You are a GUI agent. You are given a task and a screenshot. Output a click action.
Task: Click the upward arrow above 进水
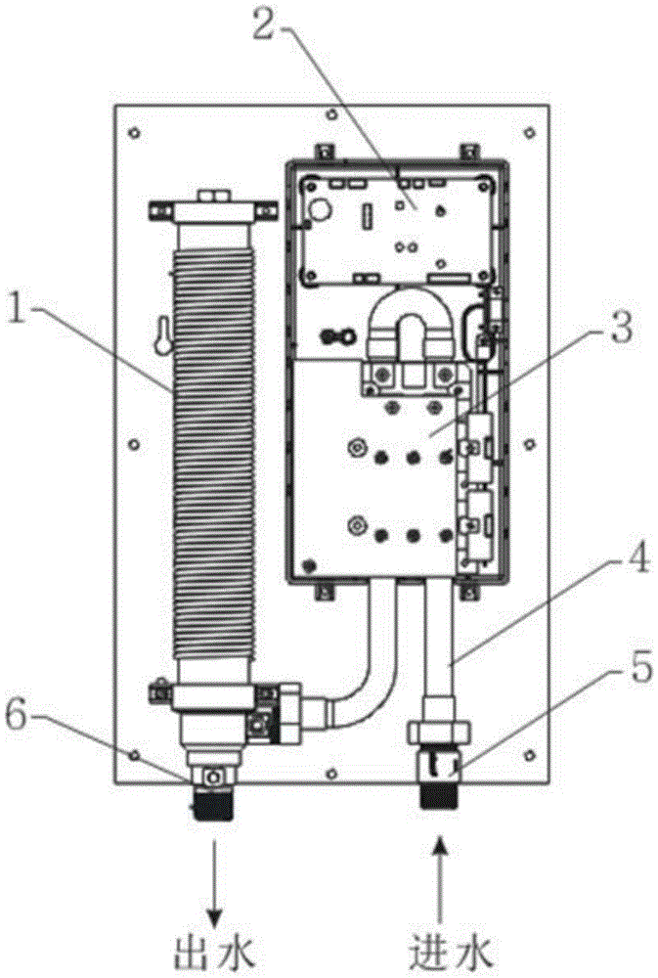pos(440,882)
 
